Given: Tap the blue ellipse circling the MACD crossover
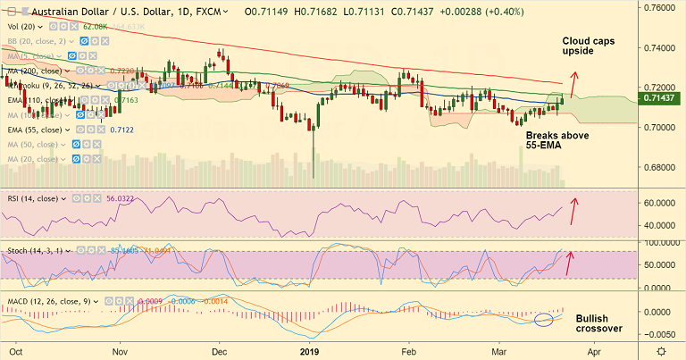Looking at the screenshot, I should point(545,319).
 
